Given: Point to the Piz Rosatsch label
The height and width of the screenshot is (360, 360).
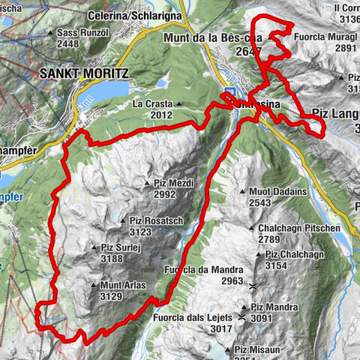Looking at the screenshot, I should click(x=156, y=220).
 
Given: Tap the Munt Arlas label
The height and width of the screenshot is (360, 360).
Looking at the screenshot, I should click(x=118, y=285).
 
